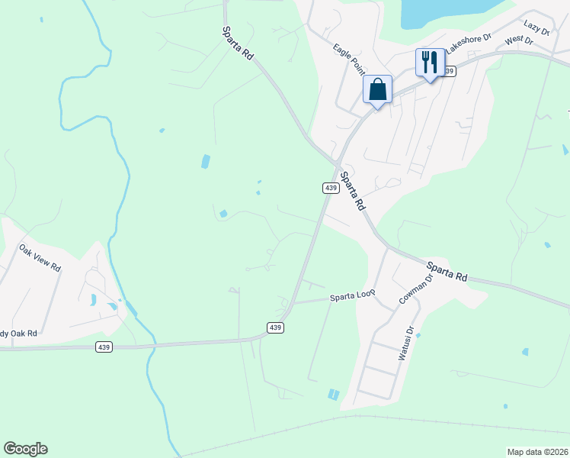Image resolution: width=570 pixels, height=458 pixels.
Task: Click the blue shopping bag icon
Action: [377, 90]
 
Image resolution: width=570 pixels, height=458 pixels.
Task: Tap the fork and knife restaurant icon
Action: [430, 62]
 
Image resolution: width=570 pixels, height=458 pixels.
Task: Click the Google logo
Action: [25, 449]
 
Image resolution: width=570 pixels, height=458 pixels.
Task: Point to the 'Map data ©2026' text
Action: [537, 452]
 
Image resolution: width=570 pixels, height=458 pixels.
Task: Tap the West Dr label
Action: [518, 38]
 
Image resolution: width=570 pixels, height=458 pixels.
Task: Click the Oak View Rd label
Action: [40, 259]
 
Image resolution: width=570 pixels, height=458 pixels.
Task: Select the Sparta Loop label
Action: [353, 296]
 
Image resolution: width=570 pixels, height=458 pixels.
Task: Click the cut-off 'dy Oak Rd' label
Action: [18, 333]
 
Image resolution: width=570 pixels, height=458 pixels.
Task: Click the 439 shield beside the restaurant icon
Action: [448, 71]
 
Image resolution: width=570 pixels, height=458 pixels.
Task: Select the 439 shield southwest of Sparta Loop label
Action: [276, 327]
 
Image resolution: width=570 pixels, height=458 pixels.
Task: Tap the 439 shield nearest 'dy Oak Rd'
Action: [104, 347]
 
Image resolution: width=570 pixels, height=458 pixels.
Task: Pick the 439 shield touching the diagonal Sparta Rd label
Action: [330, 188]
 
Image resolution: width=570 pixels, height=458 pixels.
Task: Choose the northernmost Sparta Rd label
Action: [238, 44]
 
